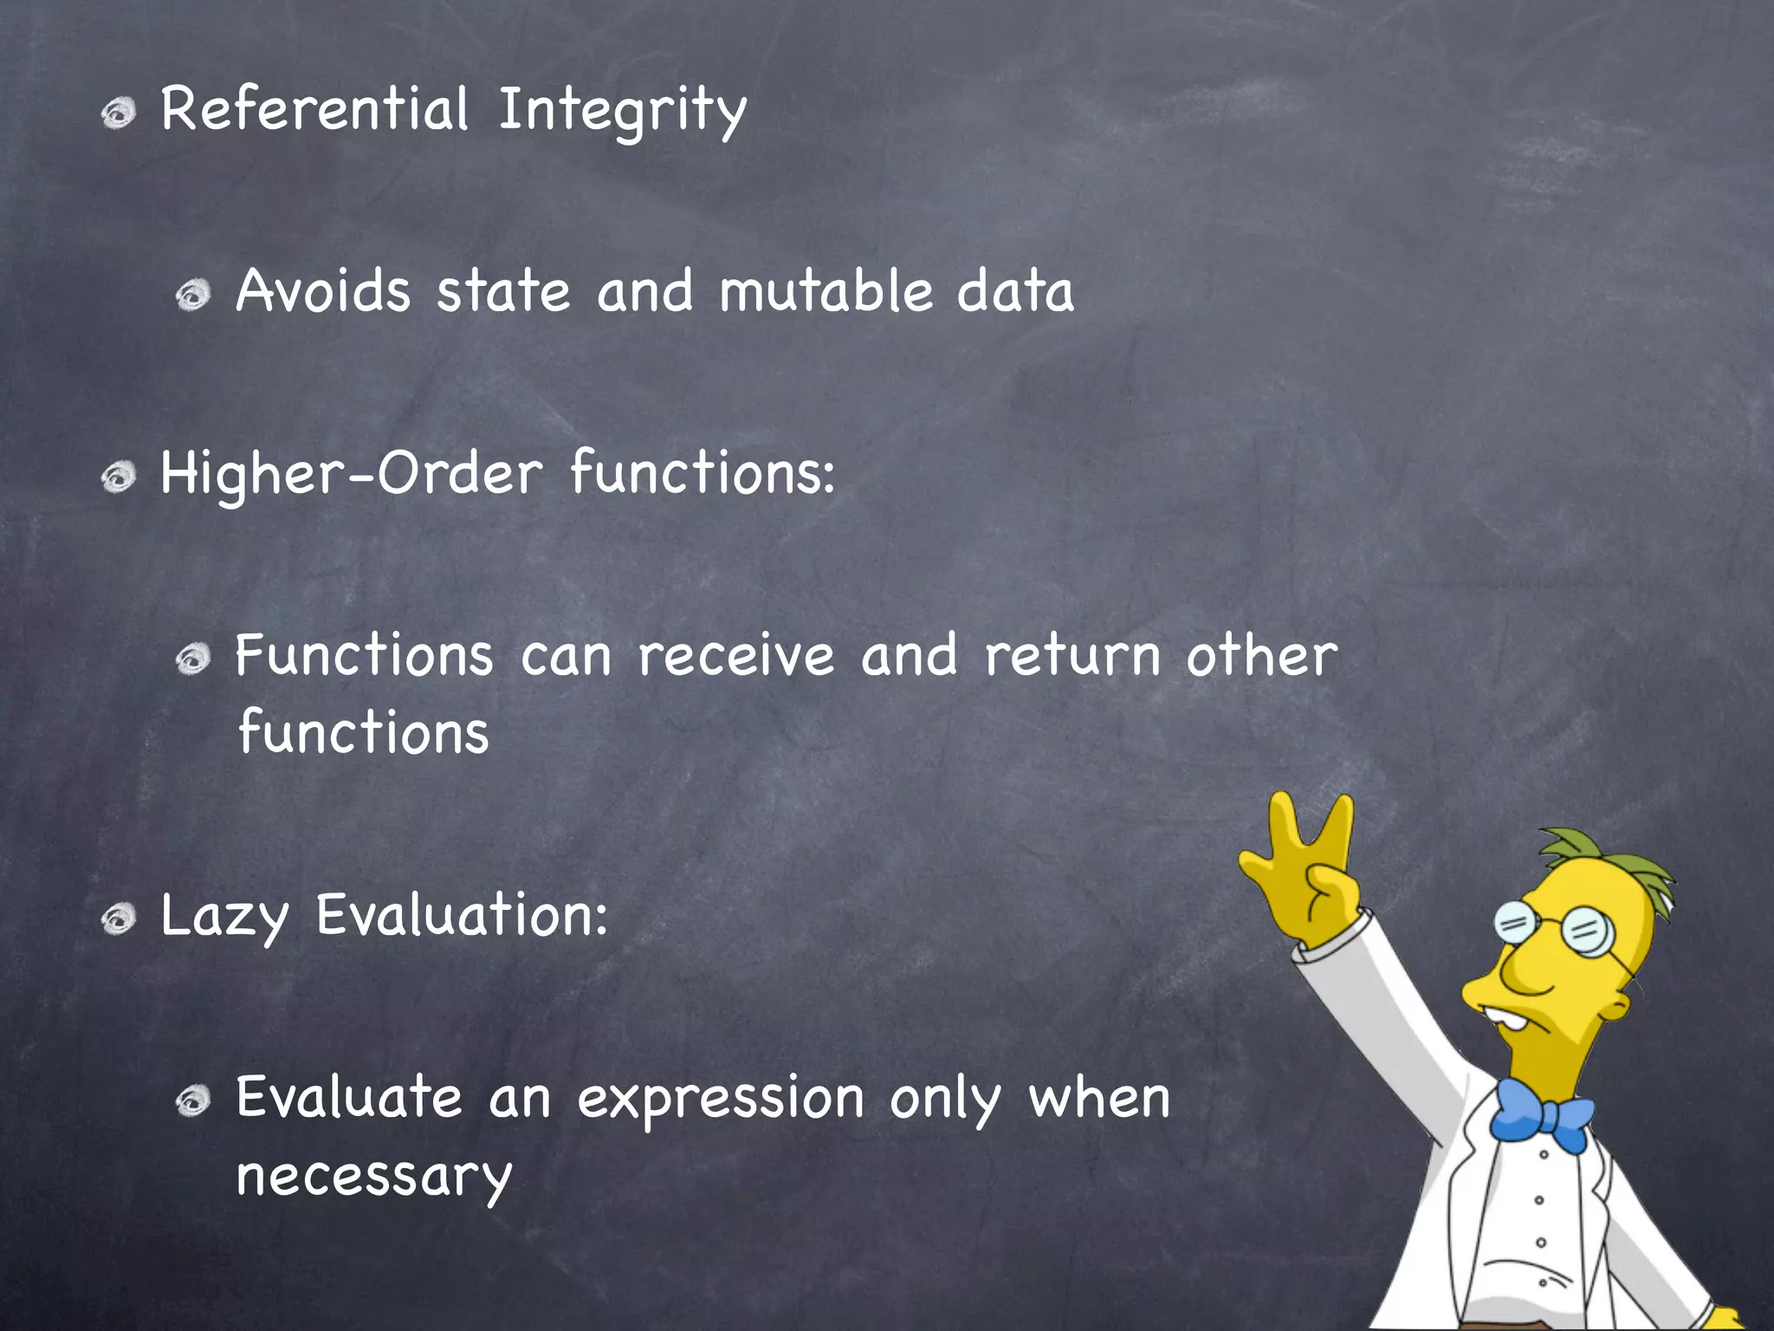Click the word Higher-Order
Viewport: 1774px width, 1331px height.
tap(352, 474)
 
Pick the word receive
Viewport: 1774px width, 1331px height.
tap(736, 656)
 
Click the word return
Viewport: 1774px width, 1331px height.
tap(1072, 656)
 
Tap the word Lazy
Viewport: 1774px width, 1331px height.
tap(223, 917)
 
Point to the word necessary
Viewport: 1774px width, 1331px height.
tap(374, 1177)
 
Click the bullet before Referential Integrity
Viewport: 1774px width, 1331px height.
tap(119, 114)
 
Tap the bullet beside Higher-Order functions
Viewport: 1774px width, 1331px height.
tap(119, 477)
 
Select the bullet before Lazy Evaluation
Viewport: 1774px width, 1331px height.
tap(119, 919)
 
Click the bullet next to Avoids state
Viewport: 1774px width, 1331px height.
tap(193, 295)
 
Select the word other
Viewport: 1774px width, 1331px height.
tap(1261, 656)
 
